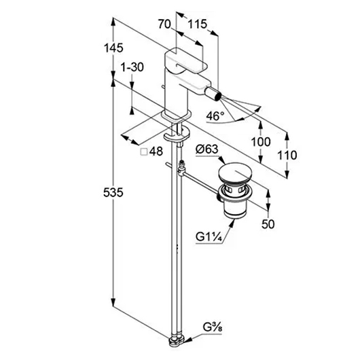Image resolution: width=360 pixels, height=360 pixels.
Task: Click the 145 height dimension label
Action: click(113, 48)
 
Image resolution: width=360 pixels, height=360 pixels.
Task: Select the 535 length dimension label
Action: click(113, 192)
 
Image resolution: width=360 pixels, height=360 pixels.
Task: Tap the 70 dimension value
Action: click(164, 24)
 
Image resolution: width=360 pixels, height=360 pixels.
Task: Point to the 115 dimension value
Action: click(197, 24)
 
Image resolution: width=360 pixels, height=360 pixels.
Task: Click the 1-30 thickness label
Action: click(132, 67)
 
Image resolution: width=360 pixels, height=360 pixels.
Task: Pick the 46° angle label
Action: click(215, 116)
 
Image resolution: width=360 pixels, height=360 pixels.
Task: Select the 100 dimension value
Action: click(261, 142)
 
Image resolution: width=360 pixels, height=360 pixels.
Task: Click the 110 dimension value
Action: click(287, 155)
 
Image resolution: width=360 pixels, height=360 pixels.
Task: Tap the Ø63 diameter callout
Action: click(207, 149)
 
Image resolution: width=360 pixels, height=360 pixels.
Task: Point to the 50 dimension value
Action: click(268, 224)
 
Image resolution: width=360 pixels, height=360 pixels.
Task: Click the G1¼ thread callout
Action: click(209, 236)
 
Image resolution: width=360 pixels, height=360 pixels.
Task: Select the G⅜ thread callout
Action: click(213, 327)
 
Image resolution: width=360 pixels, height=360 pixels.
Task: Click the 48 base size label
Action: click(156, 151)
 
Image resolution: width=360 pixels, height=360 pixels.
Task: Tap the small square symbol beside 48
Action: click(144, 151)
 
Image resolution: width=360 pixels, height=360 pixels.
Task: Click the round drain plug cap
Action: click(235, 173)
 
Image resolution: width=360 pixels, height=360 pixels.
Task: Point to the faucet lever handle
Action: click(186, 60)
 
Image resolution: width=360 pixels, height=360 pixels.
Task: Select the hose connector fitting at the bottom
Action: click(177, 342)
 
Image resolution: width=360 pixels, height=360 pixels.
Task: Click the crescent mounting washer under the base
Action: click(177, 134)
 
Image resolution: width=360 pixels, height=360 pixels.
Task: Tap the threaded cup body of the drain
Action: click(234, 206)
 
